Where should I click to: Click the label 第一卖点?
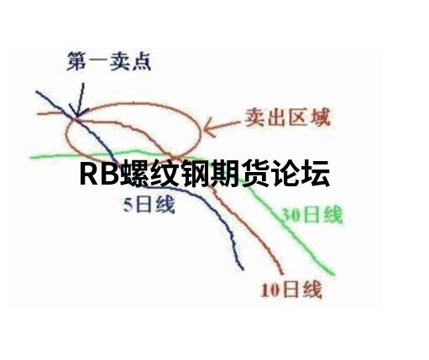click(108, 61)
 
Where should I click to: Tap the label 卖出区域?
click(287, 117)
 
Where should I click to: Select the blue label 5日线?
click(149, 205)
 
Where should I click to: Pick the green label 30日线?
click(311, 215)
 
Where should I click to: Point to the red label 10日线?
click(291, 290)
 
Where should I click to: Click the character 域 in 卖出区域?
click(321, 117)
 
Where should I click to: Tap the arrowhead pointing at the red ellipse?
click(207, 128)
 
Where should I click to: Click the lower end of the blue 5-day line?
click(243, 269)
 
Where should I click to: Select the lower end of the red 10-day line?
click(283, 274)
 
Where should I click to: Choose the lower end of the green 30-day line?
click(334, 274)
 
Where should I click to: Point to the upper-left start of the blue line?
click(36, 91)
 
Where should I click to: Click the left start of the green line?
click(30, 158)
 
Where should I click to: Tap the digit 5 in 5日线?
click(128, 206)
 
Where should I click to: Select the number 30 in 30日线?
click(290, 216)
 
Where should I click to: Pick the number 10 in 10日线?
click(270, 291)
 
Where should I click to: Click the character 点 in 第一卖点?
click(141, 61)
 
